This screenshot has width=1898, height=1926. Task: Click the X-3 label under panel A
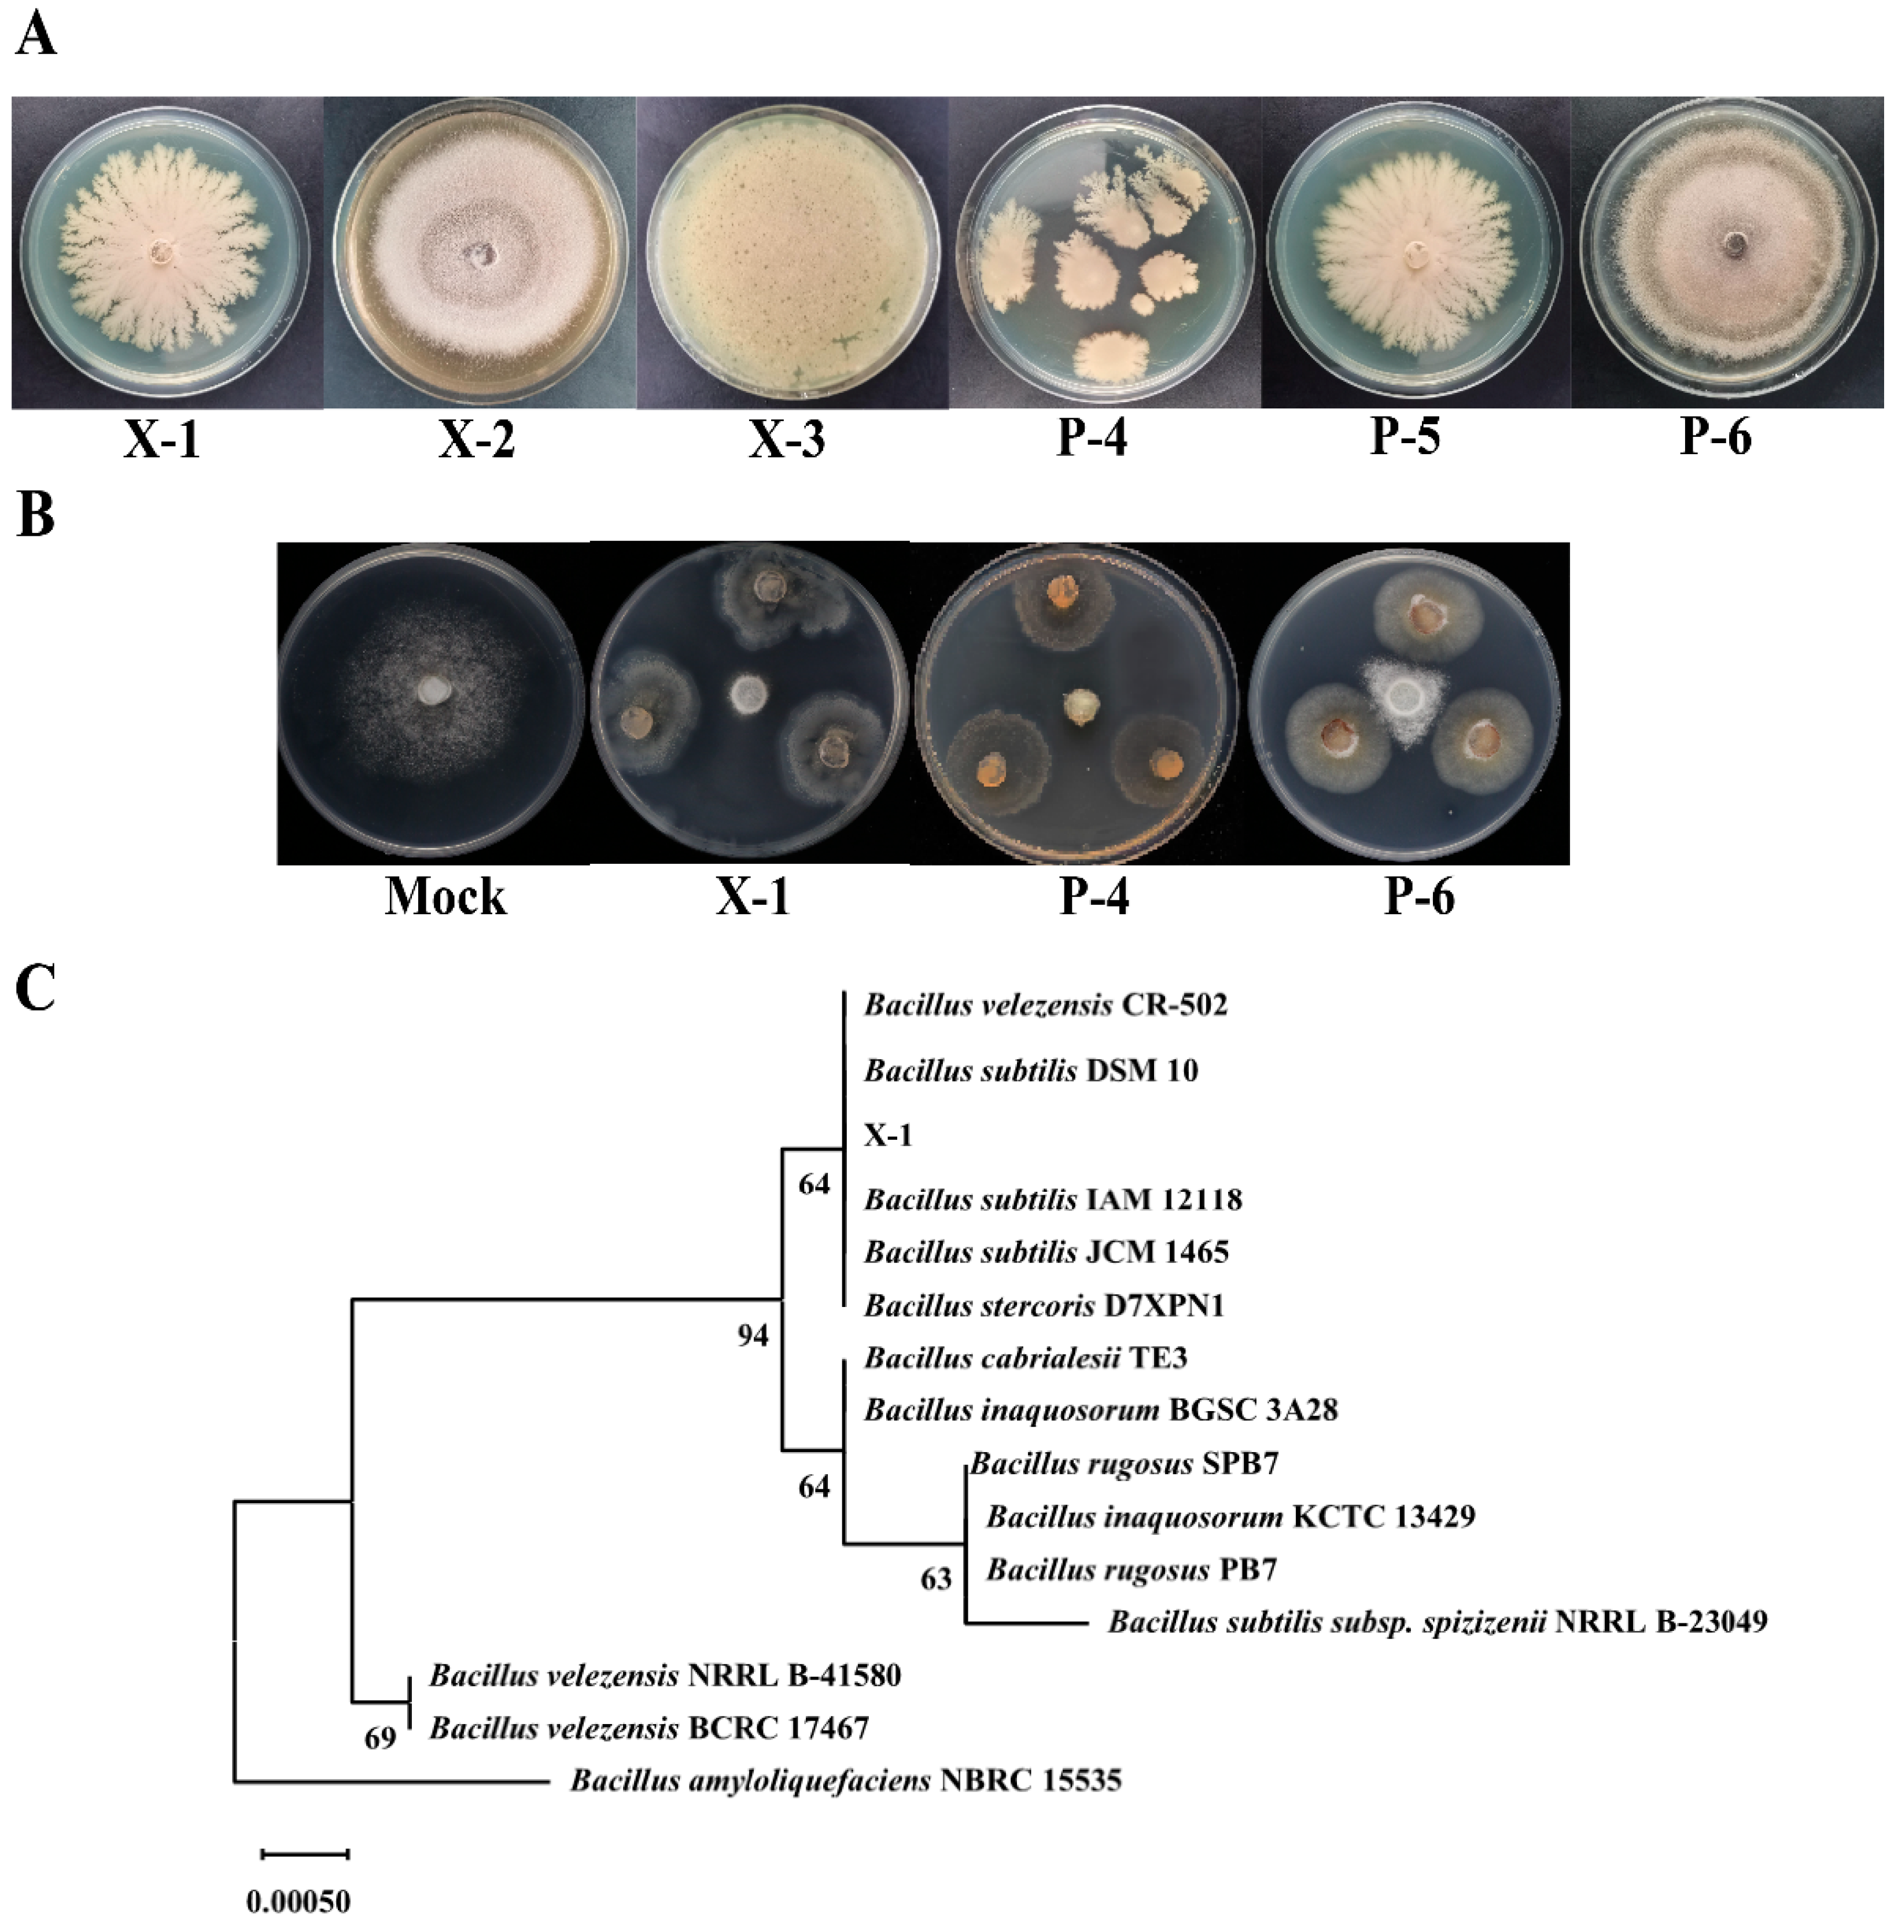coord(787,439)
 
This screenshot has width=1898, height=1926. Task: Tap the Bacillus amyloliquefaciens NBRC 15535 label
coord(845,1780)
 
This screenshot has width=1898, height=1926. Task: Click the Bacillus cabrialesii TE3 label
coord(1024,1358)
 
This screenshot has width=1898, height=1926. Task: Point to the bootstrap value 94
coord(753,1335)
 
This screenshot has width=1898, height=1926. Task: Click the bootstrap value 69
coord(380,1737)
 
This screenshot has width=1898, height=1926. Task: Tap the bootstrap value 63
coord(935,1578)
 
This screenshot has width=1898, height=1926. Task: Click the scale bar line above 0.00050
coord(305,1854)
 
